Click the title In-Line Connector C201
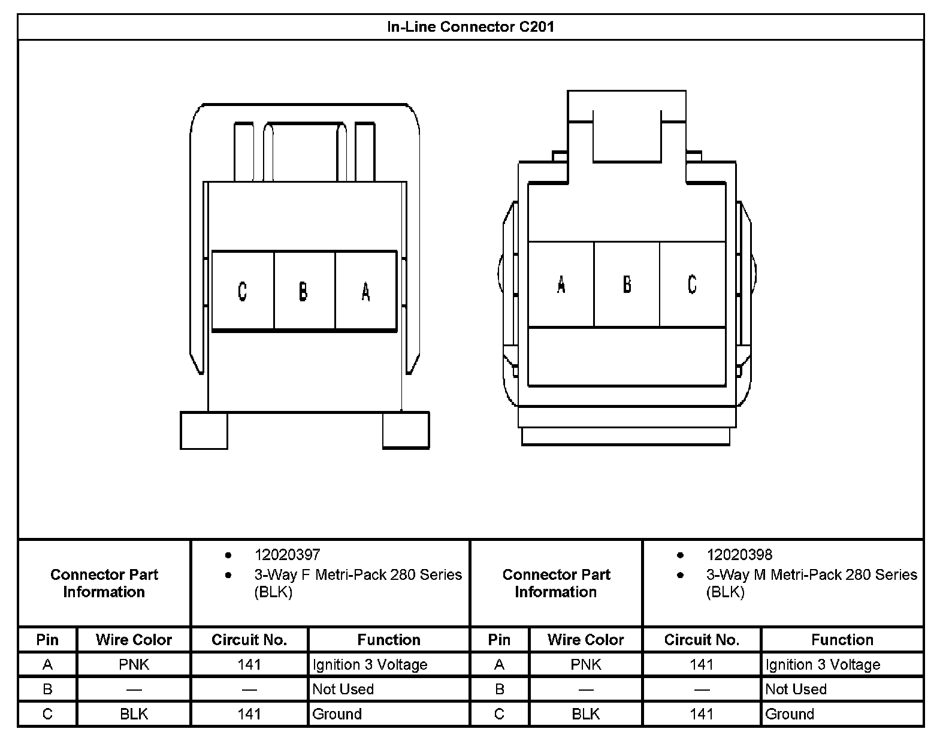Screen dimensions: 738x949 coord(470,27)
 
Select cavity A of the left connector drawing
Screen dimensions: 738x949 coord(365,291)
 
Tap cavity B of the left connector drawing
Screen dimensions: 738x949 coord(304,291)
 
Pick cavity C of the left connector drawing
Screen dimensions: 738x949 coord(242,291)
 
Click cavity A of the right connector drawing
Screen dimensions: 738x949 coord(561,284)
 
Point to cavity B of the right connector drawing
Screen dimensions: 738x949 coord(627,284)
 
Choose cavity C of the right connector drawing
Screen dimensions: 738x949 coord(692,284)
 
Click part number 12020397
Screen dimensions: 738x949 coord(287,555)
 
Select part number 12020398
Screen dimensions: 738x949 coord(739,555)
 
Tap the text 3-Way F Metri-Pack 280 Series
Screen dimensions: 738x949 coord(358,575)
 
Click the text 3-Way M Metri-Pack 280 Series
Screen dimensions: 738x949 coord(811,575)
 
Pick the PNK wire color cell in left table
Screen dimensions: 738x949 coord(134,664)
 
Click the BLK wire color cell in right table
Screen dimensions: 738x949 coord(585,713)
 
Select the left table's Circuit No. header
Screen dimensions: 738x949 coord(249,640)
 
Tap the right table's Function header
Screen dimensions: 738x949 coord(842,640)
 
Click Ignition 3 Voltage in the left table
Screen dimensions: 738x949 coord(370,664)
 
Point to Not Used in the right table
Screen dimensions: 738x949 coord(796,689)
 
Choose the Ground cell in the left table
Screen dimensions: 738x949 coord(337,713)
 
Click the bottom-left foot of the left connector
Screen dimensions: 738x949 coord(204,430)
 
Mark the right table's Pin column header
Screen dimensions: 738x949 coord(499,640)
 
